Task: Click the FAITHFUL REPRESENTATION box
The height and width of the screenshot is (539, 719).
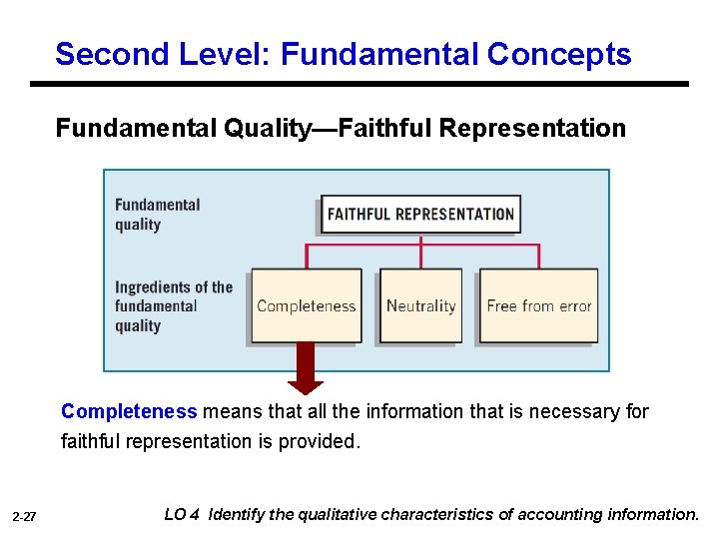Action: [420, 214]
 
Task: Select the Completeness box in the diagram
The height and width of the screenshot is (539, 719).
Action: [306, 306]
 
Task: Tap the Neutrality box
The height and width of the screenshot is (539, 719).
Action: [420, 306]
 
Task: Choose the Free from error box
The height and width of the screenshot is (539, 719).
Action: [539, 306]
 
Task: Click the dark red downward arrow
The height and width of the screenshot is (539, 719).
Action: [306, 367]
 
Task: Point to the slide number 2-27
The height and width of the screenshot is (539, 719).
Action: [24, 517]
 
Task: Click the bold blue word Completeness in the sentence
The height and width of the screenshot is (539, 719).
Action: [129, 411]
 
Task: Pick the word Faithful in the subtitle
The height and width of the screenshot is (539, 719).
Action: [385, 129]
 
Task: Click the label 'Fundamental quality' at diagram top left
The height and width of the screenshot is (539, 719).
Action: [158, 215]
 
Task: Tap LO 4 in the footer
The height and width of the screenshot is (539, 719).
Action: [182, 515]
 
